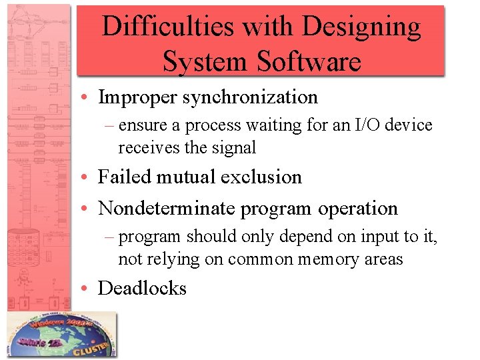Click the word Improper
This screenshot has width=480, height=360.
click(137, 97)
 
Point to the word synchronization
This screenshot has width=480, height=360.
click(250, 97)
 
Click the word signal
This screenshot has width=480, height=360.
click(233, 147)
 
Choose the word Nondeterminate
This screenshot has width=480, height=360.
click(167, 208)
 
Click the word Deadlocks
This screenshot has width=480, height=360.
click(142, 288)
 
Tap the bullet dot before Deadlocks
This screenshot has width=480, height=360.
click(87, 289)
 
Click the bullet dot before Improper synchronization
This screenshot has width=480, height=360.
click(87, 98)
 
